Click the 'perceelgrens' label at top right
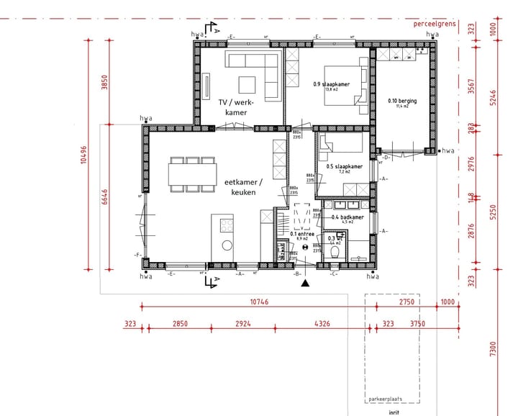[x=434, y=24]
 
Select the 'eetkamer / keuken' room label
[x=243, y=187]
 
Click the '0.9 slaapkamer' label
[x=331, y=85]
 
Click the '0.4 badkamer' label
[x=347, y=217]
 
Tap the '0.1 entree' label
[x=300, y=234]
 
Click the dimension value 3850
[x=104, y=83]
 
